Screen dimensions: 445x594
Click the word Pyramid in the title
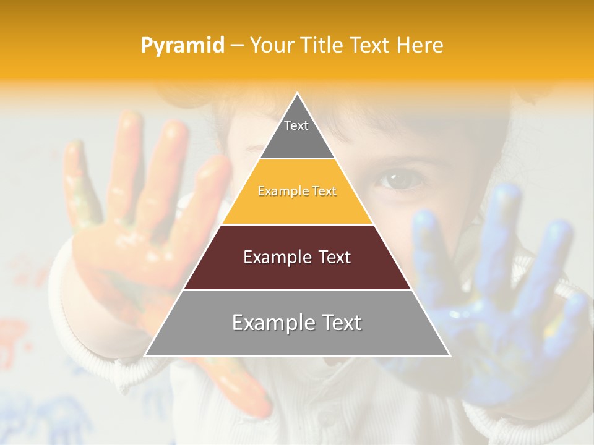click(183, 46)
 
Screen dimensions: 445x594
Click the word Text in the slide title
click(371, 46)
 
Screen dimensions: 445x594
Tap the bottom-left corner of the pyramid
click(145, 355)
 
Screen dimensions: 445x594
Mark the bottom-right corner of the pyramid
click(449, 355)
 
